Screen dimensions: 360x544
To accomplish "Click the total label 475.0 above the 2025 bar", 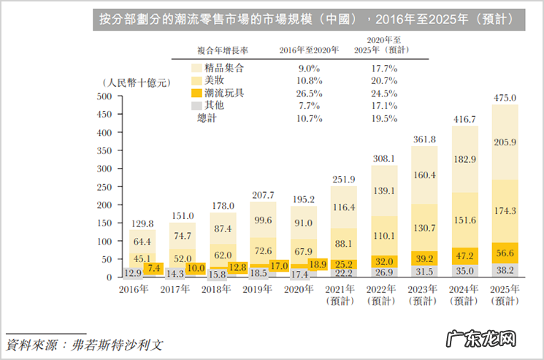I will click(x=505, y=98).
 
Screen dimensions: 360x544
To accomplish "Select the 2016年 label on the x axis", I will click(x=133, y=289).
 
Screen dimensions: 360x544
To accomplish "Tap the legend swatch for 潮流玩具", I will click(x=195, y=93).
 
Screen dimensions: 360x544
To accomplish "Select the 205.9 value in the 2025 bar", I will click(x=505, y=142).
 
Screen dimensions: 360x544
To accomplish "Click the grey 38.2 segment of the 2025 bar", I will click(x=505, y=269).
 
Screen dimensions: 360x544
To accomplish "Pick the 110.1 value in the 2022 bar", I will click(x=383, y=237).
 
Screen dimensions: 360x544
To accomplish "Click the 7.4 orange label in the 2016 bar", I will click(x=154, y=269).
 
